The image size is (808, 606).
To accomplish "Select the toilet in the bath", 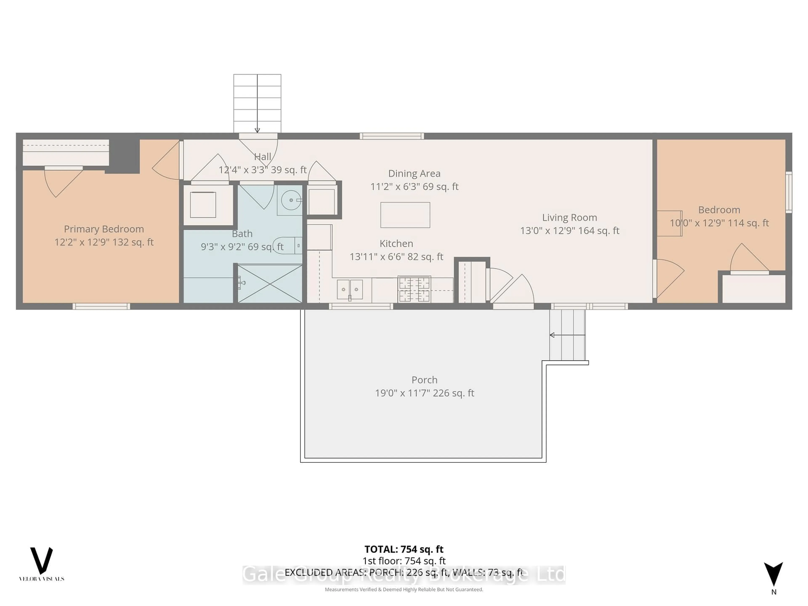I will (x=288, y=246).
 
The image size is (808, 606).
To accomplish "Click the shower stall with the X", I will (x=270, y=283).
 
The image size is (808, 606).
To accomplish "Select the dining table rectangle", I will (x=405, y=215).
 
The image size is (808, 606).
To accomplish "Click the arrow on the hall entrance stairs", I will (x=257, y=130).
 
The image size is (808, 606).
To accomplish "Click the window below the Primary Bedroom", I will (x=101, y=306).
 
